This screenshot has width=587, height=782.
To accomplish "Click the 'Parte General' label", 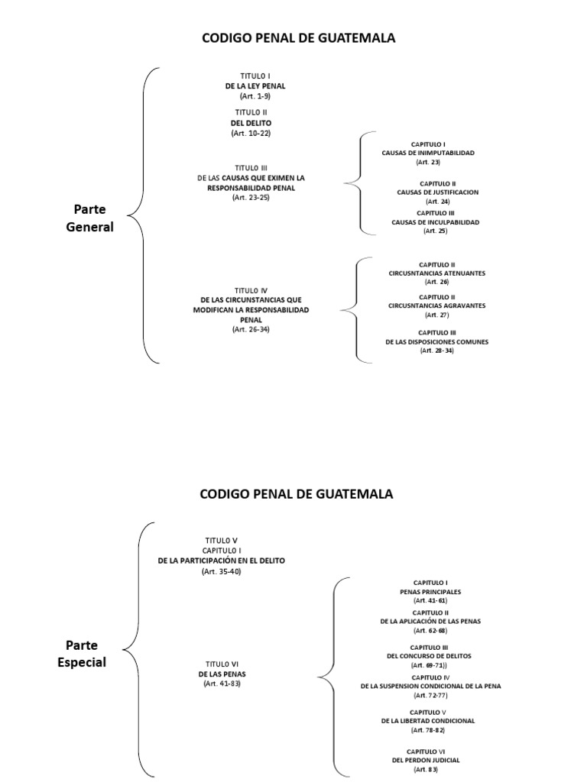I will click(89, 218).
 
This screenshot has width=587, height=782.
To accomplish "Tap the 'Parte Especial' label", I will click(82, 654).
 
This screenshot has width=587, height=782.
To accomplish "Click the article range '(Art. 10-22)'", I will click(251, 133).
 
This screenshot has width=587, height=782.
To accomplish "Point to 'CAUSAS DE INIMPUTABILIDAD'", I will click(428, 153).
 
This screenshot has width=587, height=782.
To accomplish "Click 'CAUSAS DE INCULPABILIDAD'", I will click(435, 221).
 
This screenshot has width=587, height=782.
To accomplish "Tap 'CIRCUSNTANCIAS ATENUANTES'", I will click(436, 273).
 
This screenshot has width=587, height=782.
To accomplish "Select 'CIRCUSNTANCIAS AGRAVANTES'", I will click(436, 305).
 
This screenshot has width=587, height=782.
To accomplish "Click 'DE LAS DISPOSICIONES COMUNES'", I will click(436, 341).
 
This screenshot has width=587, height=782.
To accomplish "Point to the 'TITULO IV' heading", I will click(251, 290).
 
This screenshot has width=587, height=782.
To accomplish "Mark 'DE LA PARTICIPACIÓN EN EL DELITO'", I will click(221, 561).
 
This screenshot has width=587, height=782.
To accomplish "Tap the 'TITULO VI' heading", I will click(221, 664).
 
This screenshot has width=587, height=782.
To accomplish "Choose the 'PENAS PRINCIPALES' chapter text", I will click(430, 592).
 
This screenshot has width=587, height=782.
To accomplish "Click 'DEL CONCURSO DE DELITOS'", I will click(429, 656).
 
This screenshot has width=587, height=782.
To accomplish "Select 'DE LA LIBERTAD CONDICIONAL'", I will click(428, 720).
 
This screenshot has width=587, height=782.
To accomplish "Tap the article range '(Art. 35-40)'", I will click(221, 571).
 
